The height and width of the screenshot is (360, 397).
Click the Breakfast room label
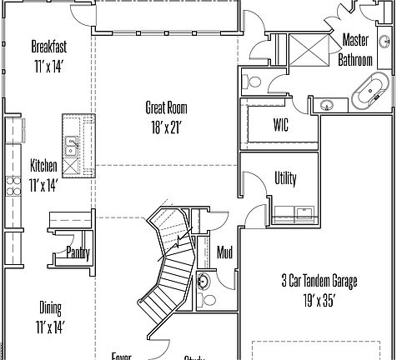[x=49, y=46]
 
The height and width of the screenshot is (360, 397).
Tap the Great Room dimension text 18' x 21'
[x=166, y=127]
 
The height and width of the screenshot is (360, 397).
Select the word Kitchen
[x=43, y=165]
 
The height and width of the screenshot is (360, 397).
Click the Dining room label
[x=50, y=306]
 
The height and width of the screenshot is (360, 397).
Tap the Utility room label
[x=285, y=179]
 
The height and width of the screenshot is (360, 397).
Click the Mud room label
[x=224, y=252]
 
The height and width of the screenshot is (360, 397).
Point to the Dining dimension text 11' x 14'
[x=50, y=326]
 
